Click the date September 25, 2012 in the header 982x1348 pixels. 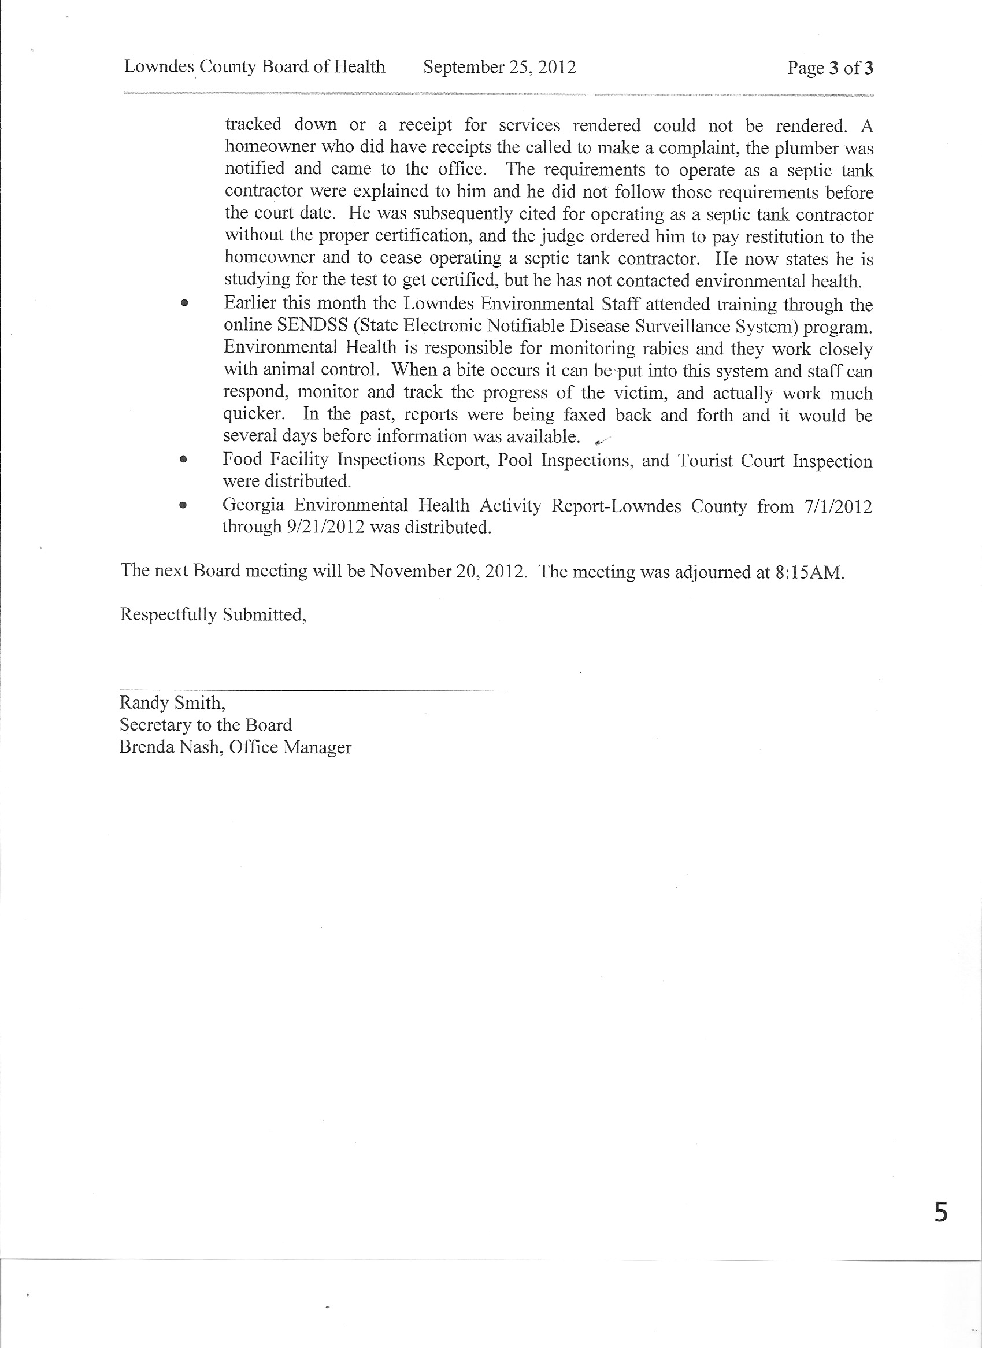click(x=499, y=67)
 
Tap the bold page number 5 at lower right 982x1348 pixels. click(x=940, y=1212)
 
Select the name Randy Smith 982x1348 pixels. click(x=171, y=702)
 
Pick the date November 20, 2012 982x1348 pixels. click(x=447, y=571)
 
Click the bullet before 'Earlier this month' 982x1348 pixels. click(x=184, y=303)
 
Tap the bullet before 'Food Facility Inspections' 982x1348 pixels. click(x=184, y=460)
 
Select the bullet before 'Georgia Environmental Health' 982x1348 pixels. click(x=183, y=505)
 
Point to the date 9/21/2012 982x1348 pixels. click(x=325, y=527)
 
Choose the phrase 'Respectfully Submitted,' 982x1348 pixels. click(x=213, y=614)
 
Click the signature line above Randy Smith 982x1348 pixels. click(x=312, y=690)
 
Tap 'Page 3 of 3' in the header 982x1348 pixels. click(x=830, y=68)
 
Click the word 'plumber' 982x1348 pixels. click(x=803, y=148)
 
